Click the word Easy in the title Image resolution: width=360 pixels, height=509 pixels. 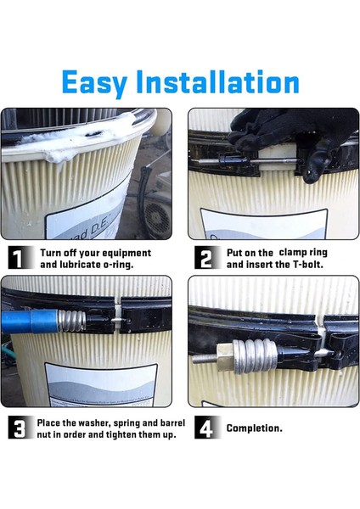[94, 83]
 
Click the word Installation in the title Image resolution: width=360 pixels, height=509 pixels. [217, 81]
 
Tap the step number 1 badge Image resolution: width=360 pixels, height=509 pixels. [20, 258]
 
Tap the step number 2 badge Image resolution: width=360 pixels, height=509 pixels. [206, 258]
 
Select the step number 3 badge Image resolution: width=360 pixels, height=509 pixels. [20, 428]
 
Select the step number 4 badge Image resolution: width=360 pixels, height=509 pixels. [206, 428]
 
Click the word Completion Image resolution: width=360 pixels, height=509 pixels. [255, 428]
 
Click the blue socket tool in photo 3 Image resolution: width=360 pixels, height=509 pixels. [29, 321]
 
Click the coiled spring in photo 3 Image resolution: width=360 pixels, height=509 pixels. [71, 321]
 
